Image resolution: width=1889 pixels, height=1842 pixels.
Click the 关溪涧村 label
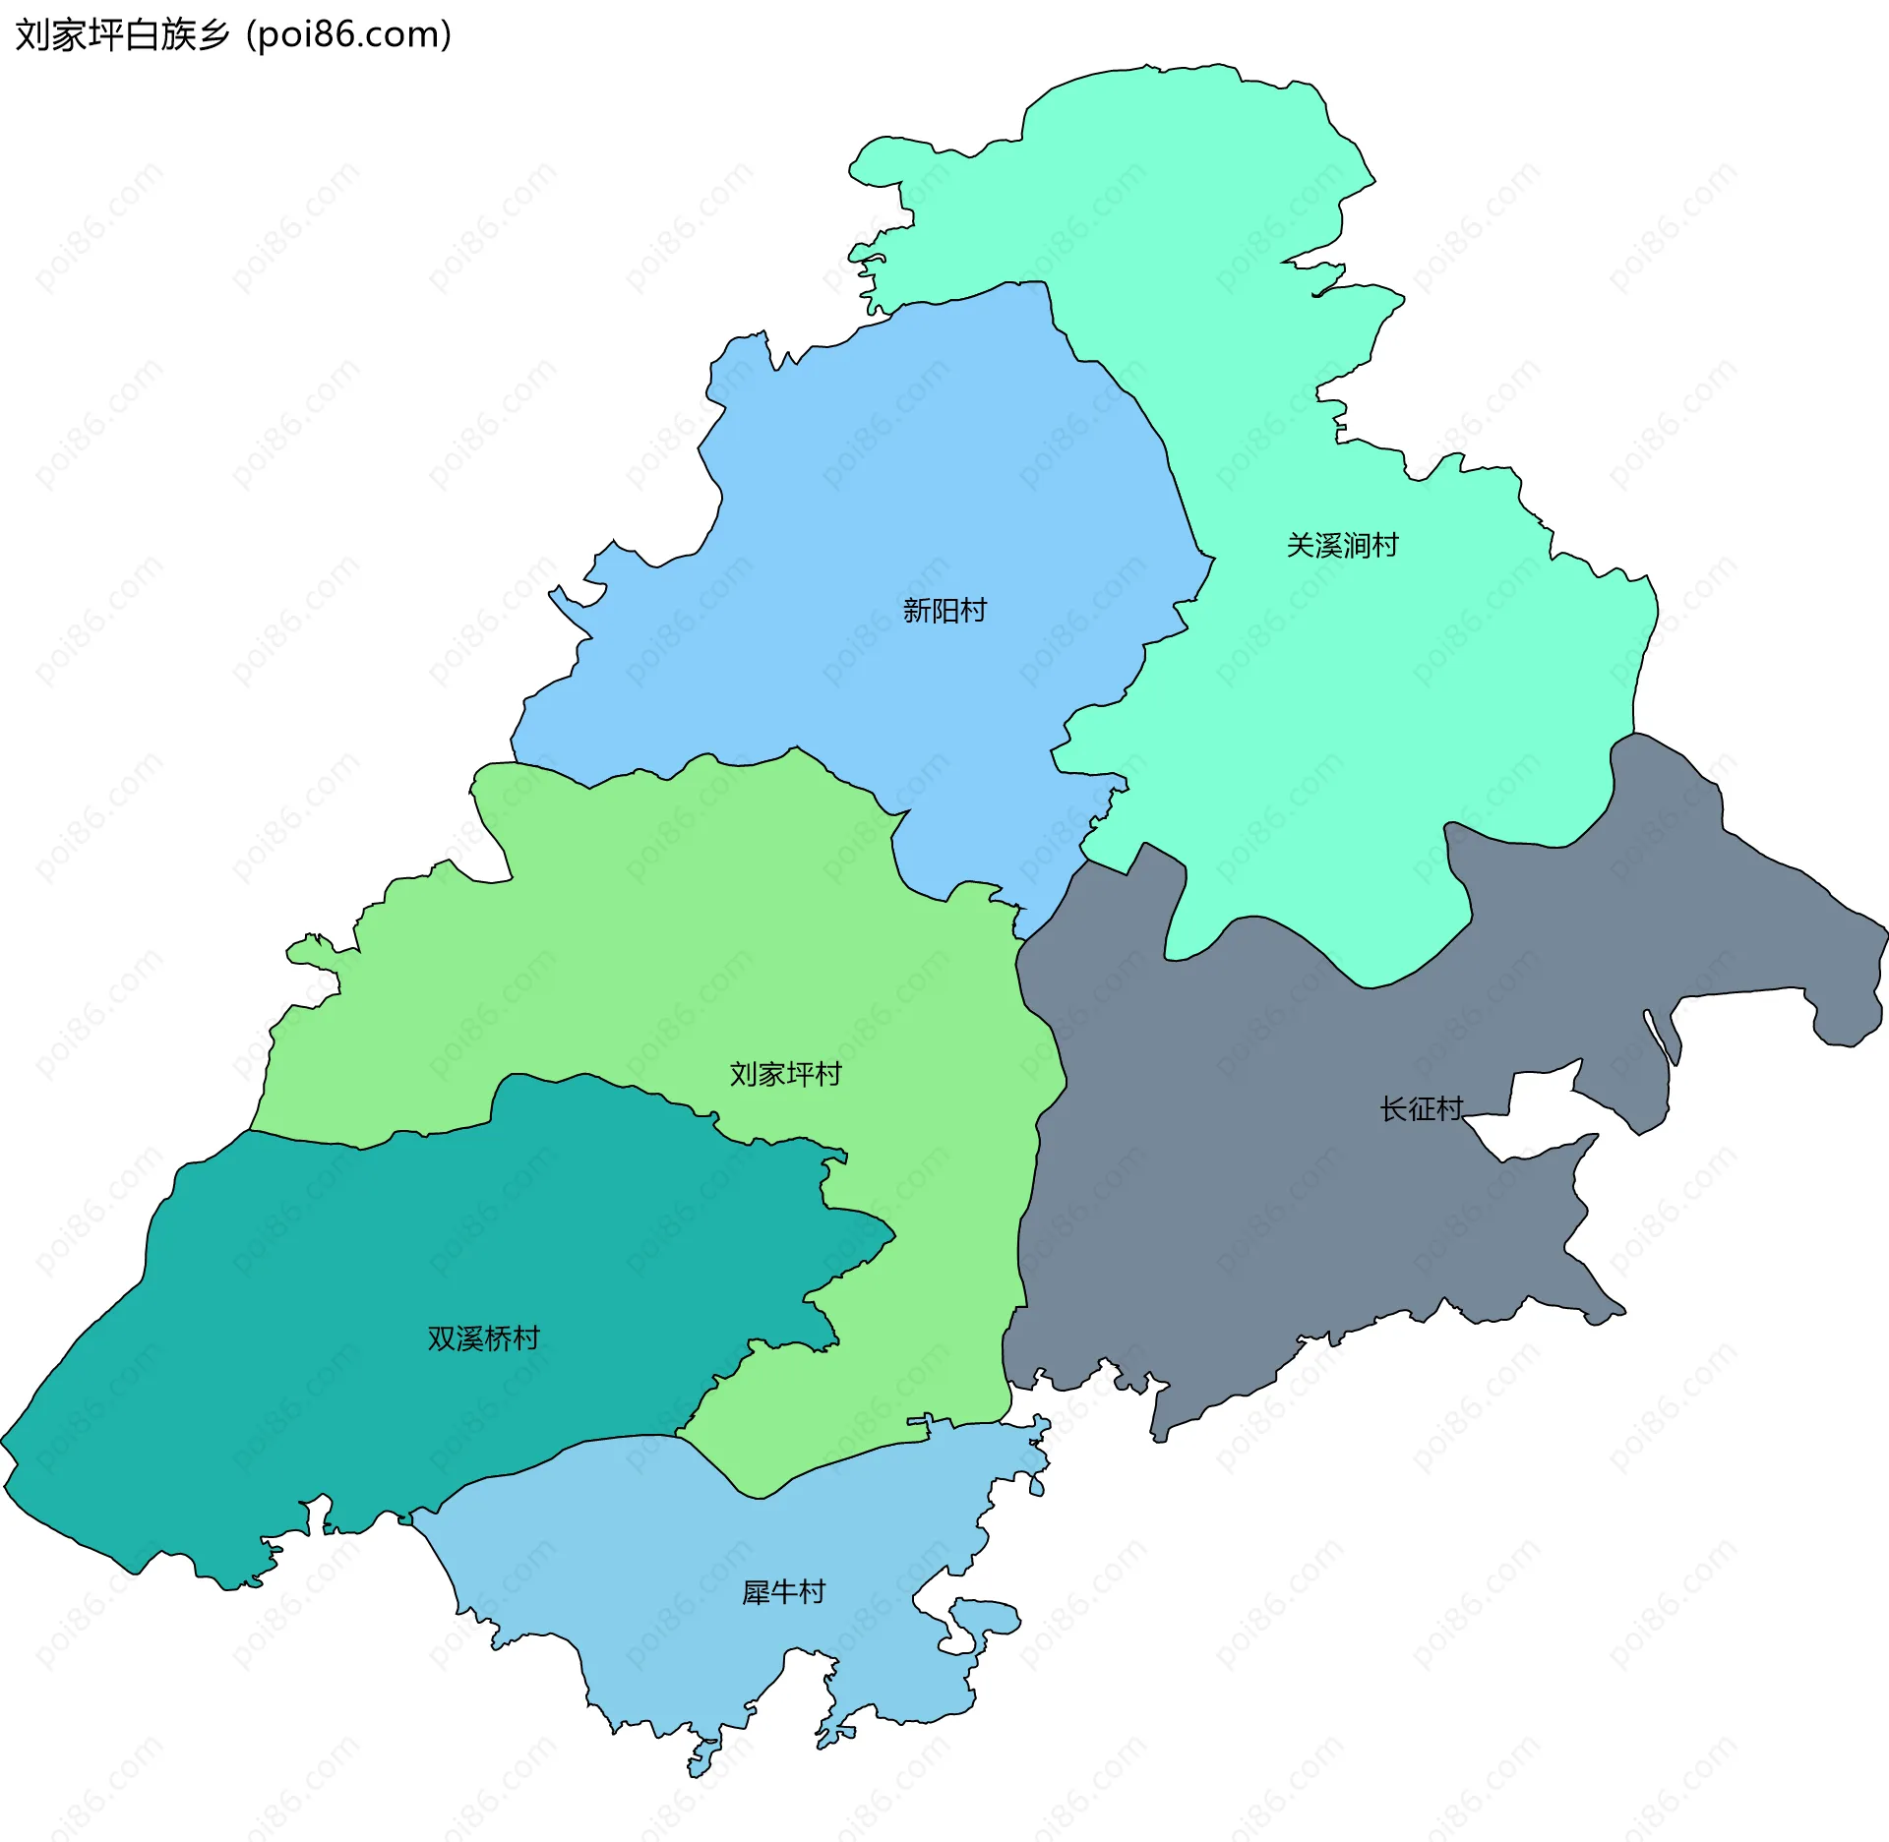click(x=1342, y=545)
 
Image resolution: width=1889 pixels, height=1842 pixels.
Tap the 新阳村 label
click(x=944, y=611)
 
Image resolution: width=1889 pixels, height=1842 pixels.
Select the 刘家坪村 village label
click(x=785, y=1074)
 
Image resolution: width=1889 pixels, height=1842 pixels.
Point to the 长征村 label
click(x=1421, y=1109)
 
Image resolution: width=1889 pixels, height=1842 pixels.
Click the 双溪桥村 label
click(x=483, y=1338)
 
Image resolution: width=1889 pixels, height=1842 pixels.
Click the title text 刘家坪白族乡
click(x=122, y=35)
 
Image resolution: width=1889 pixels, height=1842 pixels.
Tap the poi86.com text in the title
click(x=349, y=35)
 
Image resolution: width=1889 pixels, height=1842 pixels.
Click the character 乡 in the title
click(x=213, y=35)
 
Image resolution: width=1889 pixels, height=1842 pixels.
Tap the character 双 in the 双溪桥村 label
click(x=441, y=1338)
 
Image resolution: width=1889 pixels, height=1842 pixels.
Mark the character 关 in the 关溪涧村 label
click(x=1301, y=545)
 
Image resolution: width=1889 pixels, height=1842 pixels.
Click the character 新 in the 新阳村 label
click(x=917, y=611)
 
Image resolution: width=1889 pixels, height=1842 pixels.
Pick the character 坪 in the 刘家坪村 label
click(x=800, y=1074)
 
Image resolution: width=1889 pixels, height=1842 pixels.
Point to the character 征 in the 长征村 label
click(x=1422, y=1109)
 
